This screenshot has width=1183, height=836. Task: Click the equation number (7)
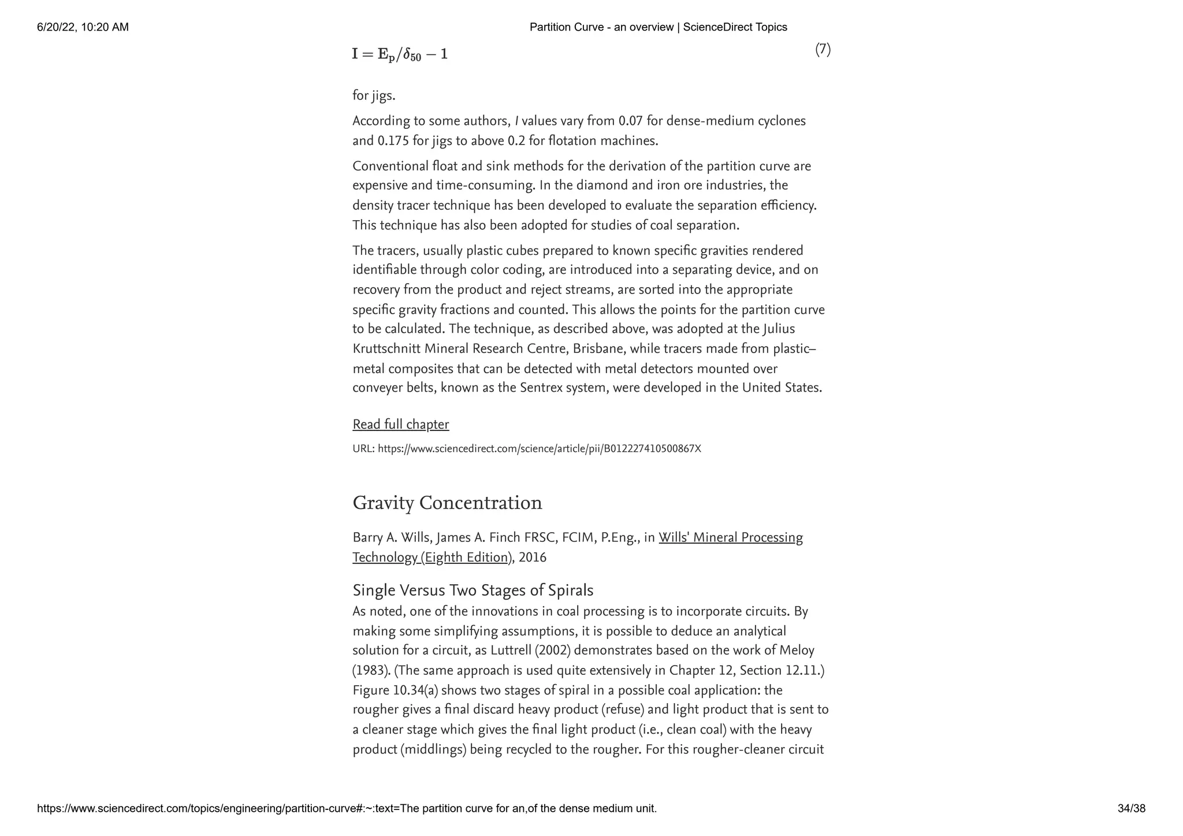pos(823,50)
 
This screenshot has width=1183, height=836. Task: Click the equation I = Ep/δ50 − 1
pos(400,54)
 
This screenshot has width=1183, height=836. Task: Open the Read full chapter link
pos(400,425)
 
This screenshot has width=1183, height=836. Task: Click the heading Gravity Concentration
pos(447,503)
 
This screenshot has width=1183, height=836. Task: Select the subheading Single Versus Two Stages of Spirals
pos(473,590)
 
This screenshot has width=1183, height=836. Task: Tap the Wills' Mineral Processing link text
pos(730,538)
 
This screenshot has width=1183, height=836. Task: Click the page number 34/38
pos(1131,808)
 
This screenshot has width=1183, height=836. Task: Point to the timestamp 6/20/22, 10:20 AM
pos(83,27)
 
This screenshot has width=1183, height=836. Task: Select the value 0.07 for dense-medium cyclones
pos(631,121)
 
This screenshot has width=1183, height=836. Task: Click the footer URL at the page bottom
pos(347,808)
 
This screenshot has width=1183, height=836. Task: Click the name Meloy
pos(797,651)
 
